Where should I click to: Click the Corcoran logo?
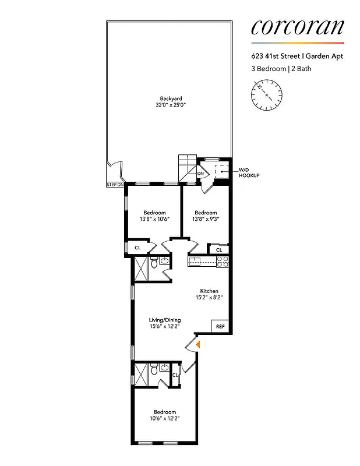pyautogui.click(x=298, y=27)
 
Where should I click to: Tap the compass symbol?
pyautogui.click(x=267, y=94)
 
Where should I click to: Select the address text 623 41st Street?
pyautogui.click(x=274, y=57)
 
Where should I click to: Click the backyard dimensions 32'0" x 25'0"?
pyautogui.click(x=170, y=105)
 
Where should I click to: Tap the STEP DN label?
pyautogui.click(x=115, y=185)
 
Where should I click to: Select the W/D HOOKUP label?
pyautogui.click(x=249, y=172)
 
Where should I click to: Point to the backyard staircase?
pyautogui.click(x=187, y=168)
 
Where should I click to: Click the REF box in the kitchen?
pyautogui.click(x=220, y=326)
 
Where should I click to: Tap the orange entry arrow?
pyautogui.click(x=198, y=345)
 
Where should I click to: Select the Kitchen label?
pyautogui.click(x=209, y=291)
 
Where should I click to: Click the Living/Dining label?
pyautogui.click(x=165, y=320)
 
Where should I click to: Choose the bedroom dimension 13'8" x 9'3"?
pyautogui.click(x=206, y=220)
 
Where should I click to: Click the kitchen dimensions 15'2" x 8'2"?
pyautogui.click(x=209, y=298)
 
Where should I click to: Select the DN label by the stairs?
pyautogui.click(x=200, y=174)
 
